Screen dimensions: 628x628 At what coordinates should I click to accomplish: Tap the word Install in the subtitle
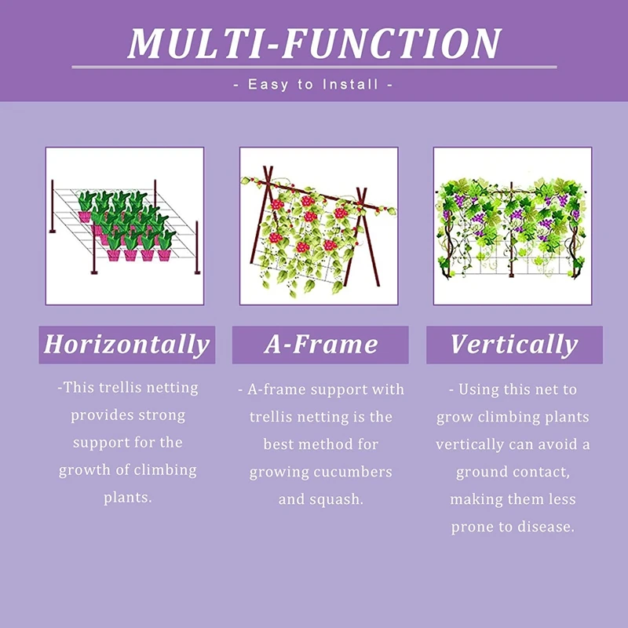coord(351,84)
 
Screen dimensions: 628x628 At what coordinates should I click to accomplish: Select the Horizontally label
coord(126,345)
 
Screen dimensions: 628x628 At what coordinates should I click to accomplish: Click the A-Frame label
coord(320,345)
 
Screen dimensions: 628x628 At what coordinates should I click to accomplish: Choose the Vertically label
coord(513,345)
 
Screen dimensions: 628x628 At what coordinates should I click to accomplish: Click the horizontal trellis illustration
coord(125,226)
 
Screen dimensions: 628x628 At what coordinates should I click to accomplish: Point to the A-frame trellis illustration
coord(319,226)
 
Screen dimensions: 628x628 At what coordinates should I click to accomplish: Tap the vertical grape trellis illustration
coord(513,226)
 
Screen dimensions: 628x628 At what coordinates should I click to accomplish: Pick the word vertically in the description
coord(470,444)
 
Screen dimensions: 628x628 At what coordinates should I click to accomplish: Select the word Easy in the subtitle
coord(268,84)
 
